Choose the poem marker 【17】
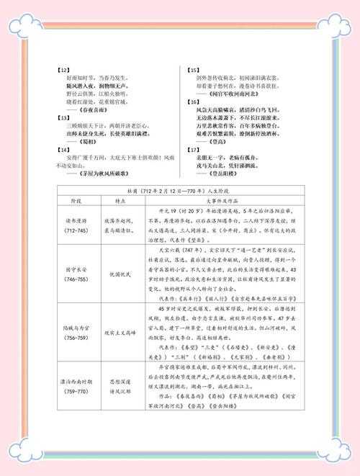pos(194,150)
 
